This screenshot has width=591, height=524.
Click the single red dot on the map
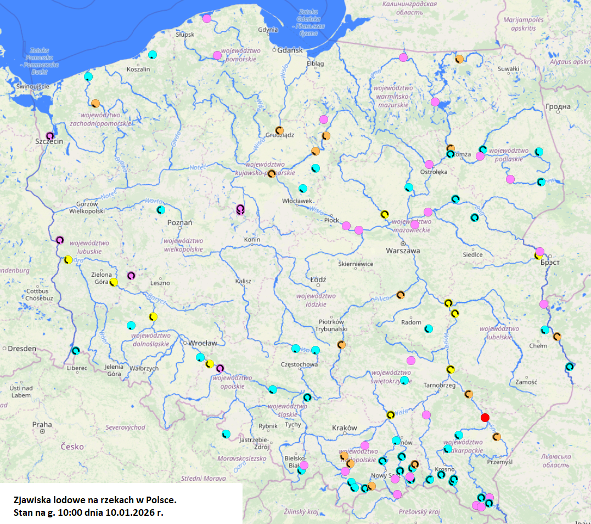pos(485,418)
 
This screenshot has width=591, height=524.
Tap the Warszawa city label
pos(403,250)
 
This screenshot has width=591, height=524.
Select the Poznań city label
pos(179,223)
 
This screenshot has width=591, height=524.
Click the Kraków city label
pos(345,428)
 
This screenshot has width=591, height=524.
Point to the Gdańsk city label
pos(290,50)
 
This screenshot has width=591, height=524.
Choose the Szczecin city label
pos(49,141)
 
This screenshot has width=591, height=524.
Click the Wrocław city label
pos(202,343)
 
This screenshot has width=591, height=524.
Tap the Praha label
pos(42,424)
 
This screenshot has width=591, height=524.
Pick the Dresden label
pos(21,348)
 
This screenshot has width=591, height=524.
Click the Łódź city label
pos(318,280)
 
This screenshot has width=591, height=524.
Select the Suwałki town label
pos(508,69)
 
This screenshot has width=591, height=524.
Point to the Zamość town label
pos(526,381)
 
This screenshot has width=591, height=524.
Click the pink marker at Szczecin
pos(50,135)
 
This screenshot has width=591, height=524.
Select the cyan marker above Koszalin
pos(153,54)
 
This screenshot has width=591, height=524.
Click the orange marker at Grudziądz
pos(279,130)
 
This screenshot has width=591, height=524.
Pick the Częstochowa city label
pos(299,364)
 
